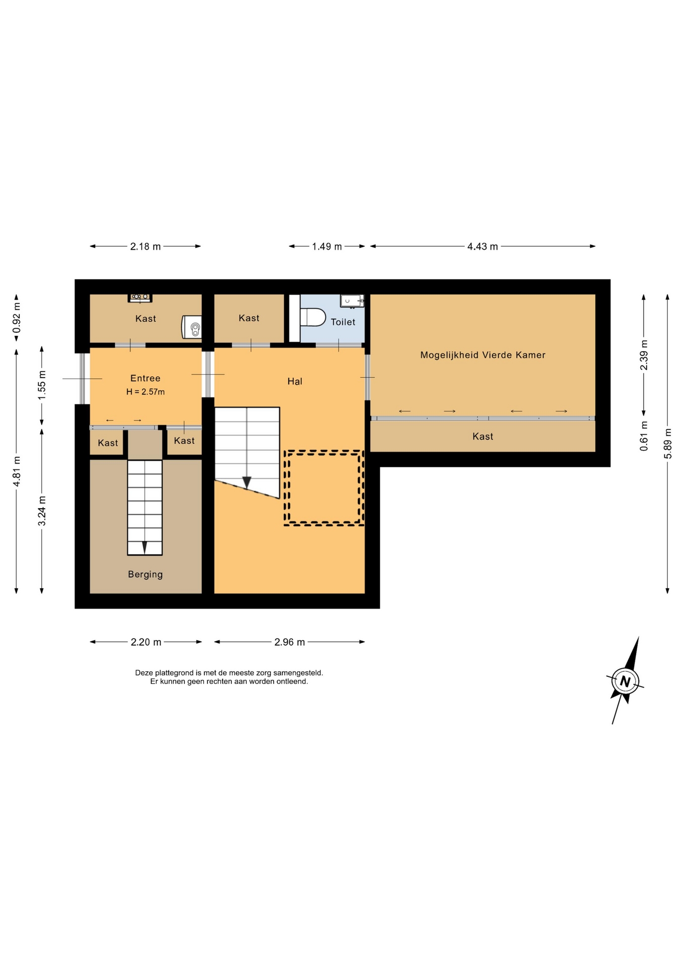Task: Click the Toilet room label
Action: pos(343,322)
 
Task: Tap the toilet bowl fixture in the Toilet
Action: pos(313,317)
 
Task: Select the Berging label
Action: pos(145,574)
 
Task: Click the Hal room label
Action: pos(295,381)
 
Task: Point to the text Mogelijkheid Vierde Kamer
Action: pos(483,355)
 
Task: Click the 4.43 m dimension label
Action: pos(483,246)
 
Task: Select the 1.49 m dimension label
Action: pos(327,246)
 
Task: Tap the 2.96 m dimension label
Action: pos(290,642)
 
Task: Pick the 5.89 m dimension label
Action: pos(668,444)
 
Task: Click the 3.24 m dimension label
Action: pos(42,511)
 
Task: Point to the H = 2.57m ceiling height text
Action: pos(145,392)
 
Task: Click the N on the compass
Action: pos(625,681)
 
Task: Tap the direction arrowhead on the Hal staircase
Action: pos(247,482)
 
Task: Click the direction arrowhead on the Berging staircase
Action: pos(145,547)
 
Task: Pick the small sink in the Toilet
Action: pos(352,301)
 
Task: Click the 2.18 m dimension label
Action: pos(146,246)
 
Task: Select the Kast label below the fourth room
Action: pos(483,437)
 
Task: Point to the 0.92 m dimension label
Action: pos(17,317)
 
